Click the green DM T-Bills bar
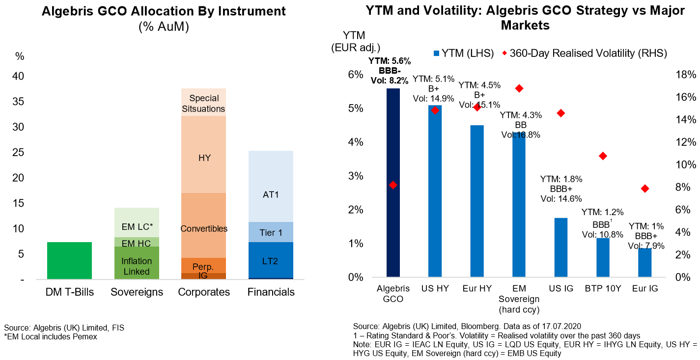69,260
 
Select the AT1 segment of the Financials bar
271,187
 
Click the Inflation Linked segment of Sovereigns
137,266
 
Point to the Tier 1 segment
271,232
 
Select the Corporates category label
204,292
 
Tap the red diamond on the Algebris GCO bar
393,185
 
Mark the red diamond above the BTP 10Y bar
603,156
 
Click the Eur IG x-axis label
645,289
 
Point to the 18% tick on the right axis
685,75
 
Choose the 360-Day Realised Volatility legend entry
584,54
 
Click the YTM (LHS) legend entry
464,54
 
